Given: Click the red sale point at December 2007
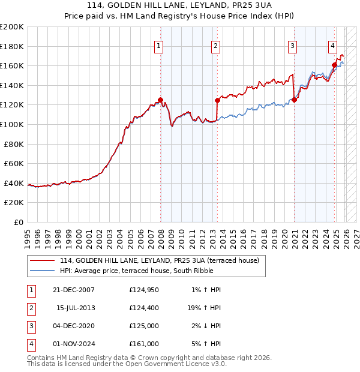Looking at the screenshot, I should (x=160, y=100).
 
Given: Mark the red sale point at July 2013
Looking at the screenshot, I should (x=217, y=101).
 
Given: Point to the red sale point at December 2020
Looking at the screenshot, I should (x=294, y=100).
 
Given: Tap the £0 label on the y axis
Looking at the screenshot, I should (x=18, y=222).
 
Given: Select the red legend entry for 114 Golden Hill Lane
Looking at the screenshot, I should (x=159, y=260).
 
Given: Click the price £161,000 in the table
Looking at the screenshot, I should (x=144, y=344).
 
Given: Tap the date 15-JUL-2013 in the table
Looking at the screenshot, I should (x=76, y=308).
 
